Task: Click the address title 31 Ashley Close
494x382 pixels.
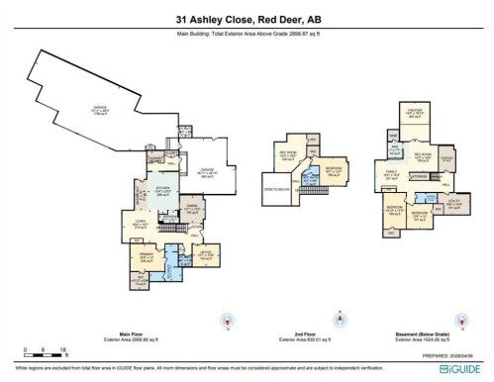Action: tap(247, 19)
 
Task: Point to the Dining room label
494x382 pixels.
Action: tap(193, 209)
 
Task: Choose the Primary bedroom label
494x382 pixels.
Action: tap(134, 259)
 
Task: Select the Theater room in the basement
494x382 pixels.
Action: tap(414, 116)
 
